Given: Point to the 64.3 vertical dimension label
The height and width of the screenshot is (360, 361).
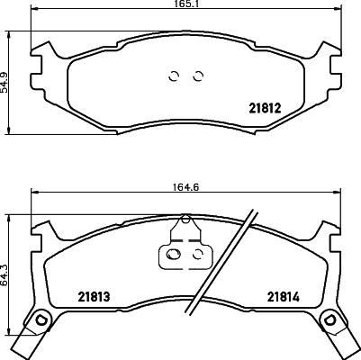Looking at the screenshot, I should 7,270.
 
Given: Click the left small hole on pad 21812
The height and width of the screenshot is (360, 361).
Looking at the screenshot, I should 176,76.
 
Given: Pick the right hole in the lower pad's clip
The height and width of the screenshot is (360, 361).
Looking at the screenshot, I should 196,256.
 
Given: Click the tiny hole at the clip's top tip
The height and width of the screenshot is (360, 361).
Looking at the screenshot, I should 186,220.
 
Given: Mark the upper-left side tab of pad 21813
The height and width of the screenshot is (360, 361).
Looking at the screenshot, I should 39,236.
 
